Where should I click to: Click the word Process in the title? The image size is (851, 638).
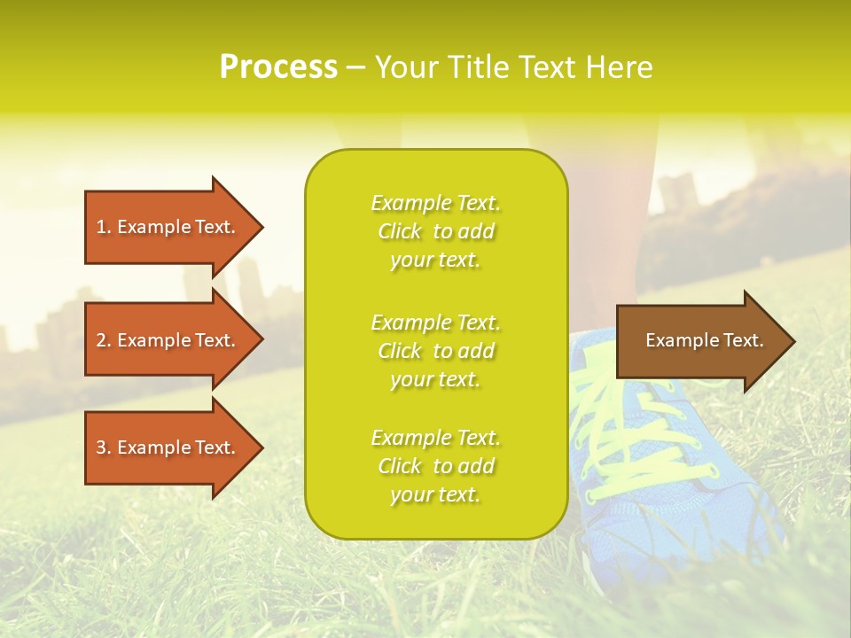coord(278,67)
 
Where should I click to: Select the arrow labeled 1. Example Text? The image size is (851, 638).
coord(168,227)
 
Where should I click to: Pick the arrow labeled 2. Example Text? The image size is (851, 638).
coord(168,340)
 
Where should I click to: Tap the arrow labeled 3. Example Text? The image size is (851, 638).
coord(168,447)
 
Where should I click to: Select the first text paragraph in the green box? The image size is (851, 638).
coord(435,231)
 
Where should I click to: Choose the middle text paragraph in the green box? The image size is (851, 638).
coord(435,350)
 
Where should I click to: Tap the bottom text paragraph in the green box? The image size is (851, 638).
coord(435,466)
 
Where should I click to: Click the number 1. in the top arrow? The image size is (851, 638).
coord(104,227)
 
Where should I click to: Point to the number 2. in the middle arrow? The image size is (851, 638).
coord(104,340)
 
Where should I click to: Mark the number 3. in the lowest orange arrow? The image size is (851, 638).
coord(104,447)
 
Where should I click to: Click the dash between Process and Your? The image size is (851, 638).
coord(355,68)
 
